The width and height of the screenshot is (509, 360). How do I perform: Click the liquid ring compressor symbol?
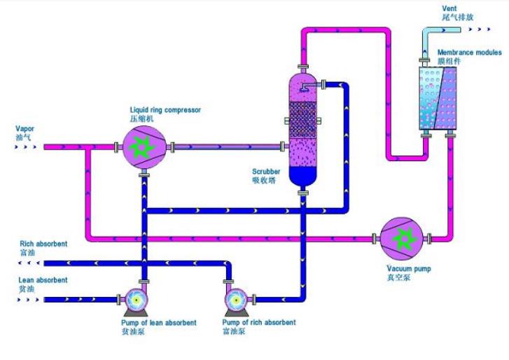coord(144,146)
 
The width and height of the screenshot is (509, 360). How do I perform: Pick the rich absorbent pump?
coord(235,300)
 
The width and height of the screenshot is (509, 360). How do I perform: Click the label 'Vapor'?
coord(25,129)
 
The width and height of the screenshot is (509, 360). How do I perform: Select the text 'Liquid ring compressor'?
coord(165,109)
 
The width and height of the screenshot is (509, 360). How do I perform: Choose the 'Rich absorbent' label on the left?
coord(43,244)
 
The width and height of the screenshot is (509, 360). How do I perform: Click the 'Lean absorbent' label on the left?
coord(43,280)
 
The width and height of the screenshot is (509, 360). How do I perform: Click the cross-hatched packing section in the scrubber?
coord(302,118)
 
